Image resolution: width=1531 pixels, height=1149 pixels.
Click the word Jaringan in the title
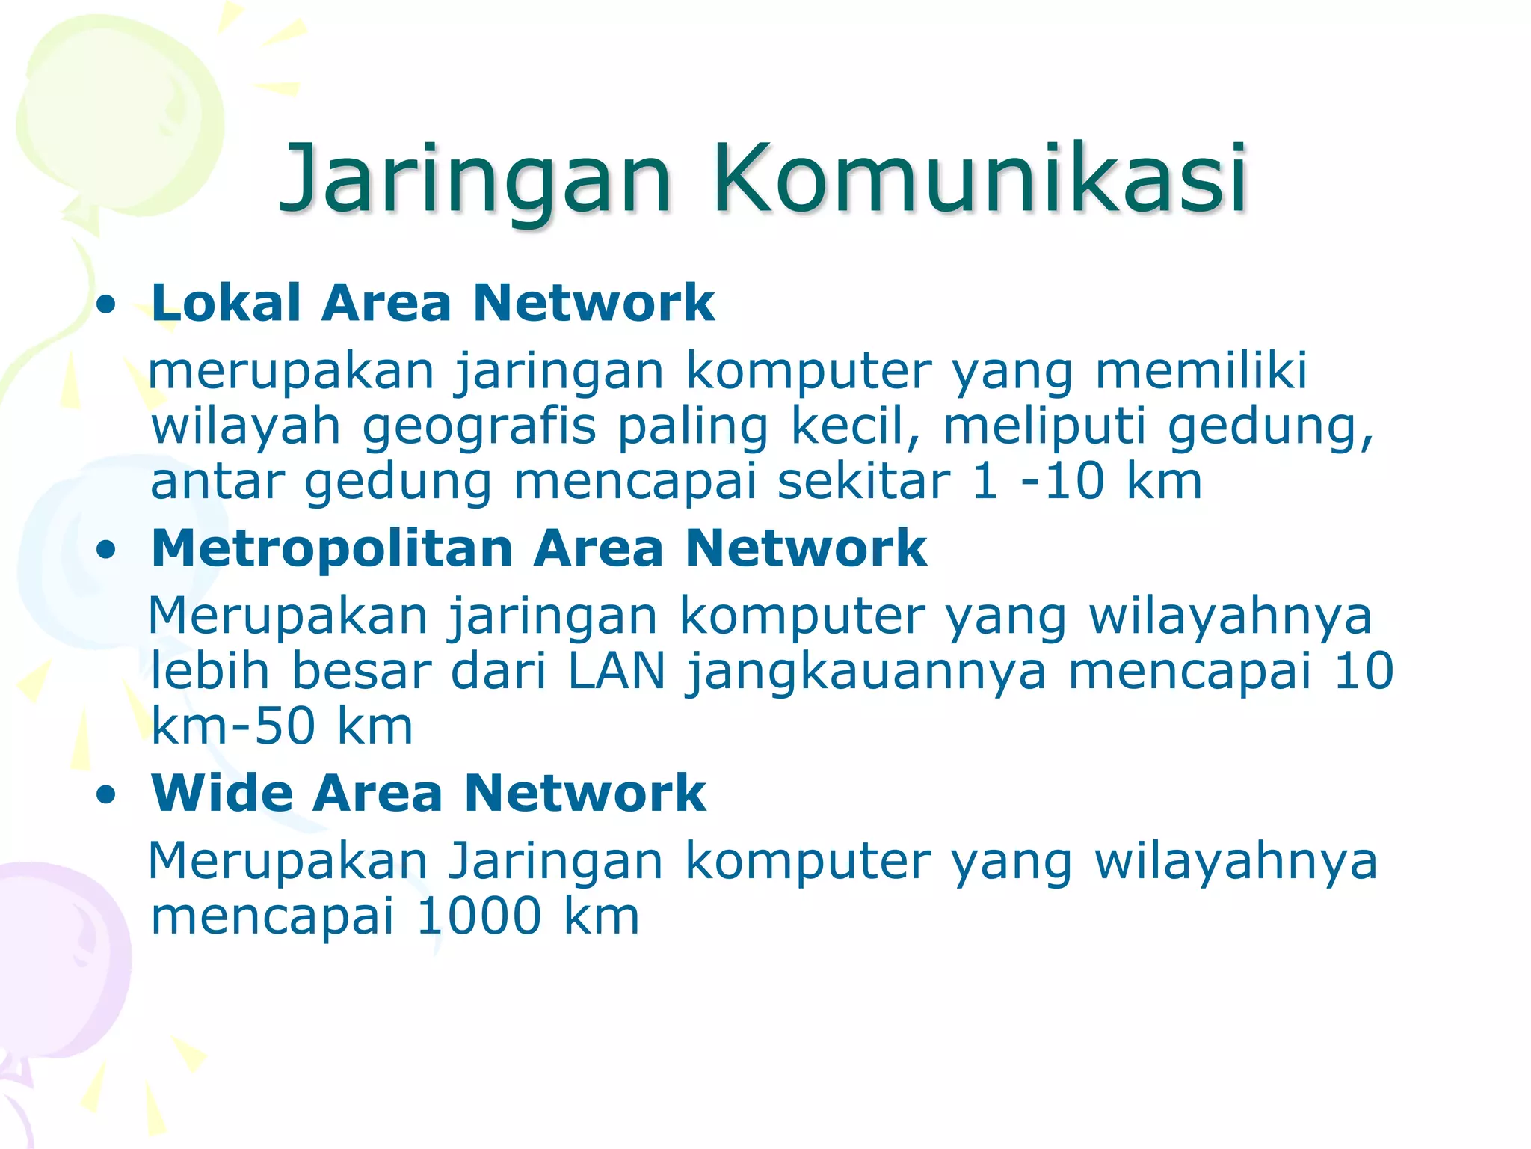click(475, 180)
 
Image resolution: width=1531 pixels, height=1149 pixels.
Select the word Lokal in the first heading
click(225, 303)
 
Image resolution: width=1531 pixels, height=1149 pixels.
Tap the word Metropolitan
click(332, 548)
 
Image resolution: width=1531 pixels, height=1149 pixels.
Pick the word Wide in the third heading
click(222, 793)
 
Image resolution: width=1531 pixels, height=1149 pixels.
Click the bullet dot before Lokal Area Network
click(107, 305)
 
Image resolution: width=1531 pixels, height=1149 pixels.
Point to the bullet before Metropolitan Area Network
click(107, 551)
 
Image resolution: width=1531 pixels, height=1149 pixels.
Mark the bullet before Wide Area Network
click(107, 795)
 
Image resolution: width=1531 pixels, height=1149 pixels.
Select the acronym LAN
click(616, 671)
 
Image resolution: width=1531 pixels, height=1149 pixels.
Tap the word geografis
click(479, 428)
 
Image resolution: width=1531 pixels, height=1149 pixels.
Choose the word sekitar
click(863, 481)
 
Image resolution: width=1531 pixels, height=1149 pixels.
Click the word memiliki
click(1201, 370)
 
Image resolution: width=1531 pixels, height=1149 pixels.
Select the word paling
click(692, 428)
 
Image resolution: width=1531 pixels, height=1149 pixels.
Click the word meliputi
click(1044, 426)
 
